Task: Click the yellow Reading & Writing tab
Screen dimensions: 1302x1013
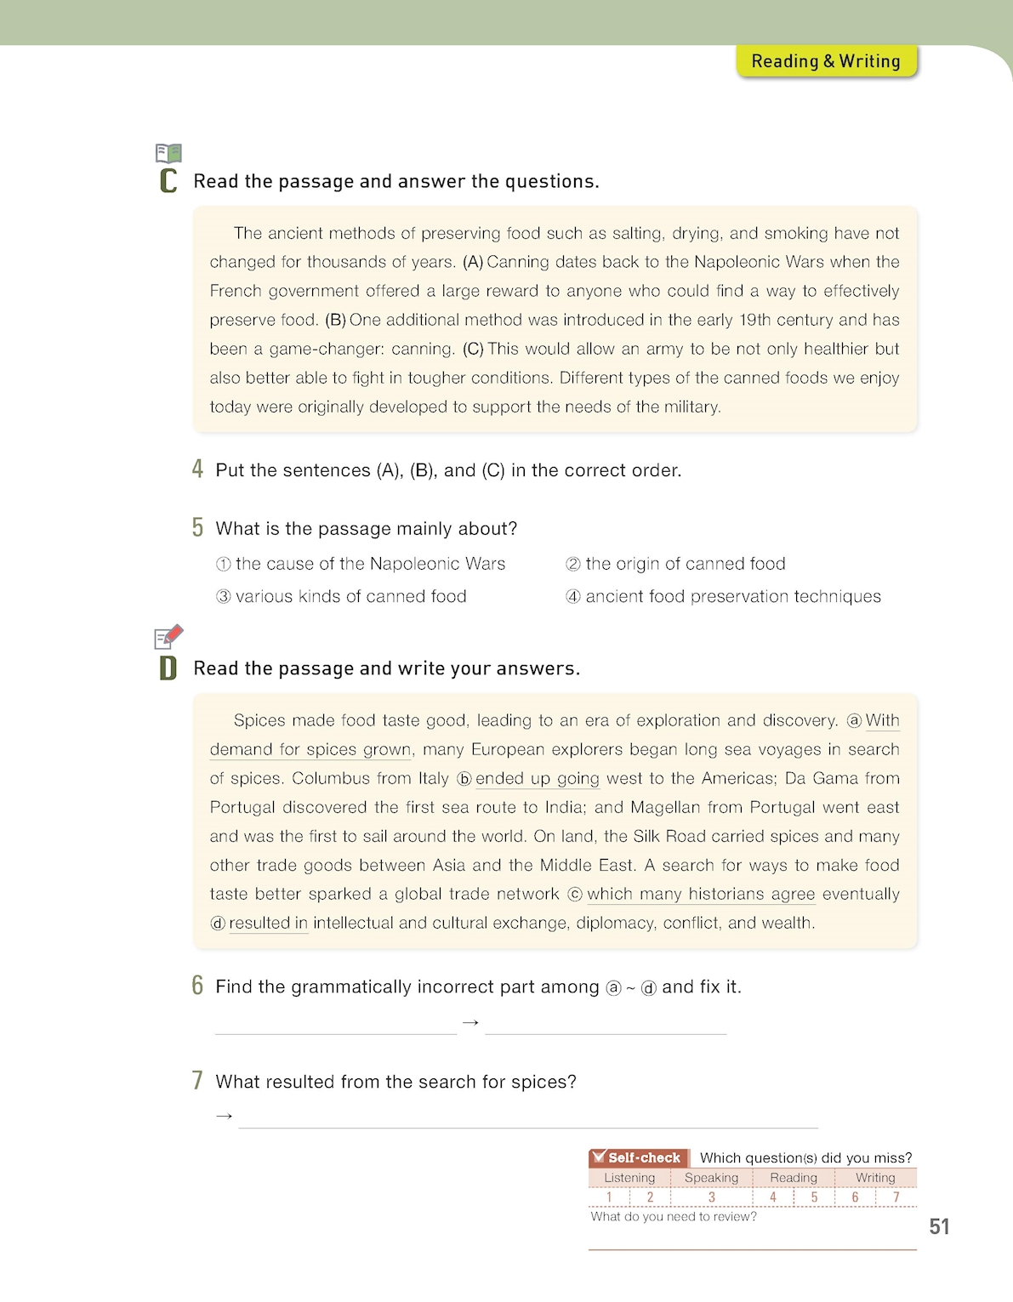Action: coord(825,61)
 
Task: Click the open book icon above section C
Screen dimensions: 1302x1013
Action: coord(168,153)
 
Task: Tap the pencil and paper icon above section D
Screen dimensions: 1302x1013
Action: coord(168,636)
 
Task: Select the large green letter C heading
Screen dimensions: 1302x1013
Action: coord(168,181)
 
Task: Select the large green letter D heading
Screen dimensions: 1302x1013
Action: coord(168,668)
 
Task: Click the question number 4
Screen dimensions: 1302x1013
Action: coord(197,469)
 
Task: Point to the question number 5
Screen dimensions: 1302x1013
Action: coord(197,528)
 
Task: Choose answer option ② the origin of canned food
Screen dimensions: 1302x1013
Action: coord(675,564)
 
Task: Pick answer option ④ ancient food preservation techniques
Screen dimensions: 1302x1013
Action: coord(723,596)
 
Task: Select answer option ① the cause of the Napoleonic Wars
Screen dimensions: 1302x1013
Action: coord(361,564)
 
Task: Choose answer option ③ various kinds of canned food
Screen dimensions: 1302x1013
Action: coord(341,596)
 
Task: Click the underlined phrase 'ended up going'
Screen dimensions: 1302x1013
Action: coord(537,778)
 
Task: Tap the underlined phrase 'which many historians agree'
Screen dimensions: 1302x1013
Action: coord(700,894)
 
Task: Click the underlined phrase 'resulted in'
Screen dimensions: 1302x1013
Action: coord(268,923)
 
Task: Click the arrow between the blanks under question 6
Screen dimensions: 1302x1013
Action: coord(470,1022)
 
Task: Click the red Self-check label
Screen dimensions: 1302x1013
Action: coord(638,1157)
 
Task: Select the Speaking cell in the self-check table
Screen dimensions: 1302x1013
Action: coord(711,1178)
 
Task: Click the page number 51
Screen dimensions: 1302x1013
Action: coord(939,1226)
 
